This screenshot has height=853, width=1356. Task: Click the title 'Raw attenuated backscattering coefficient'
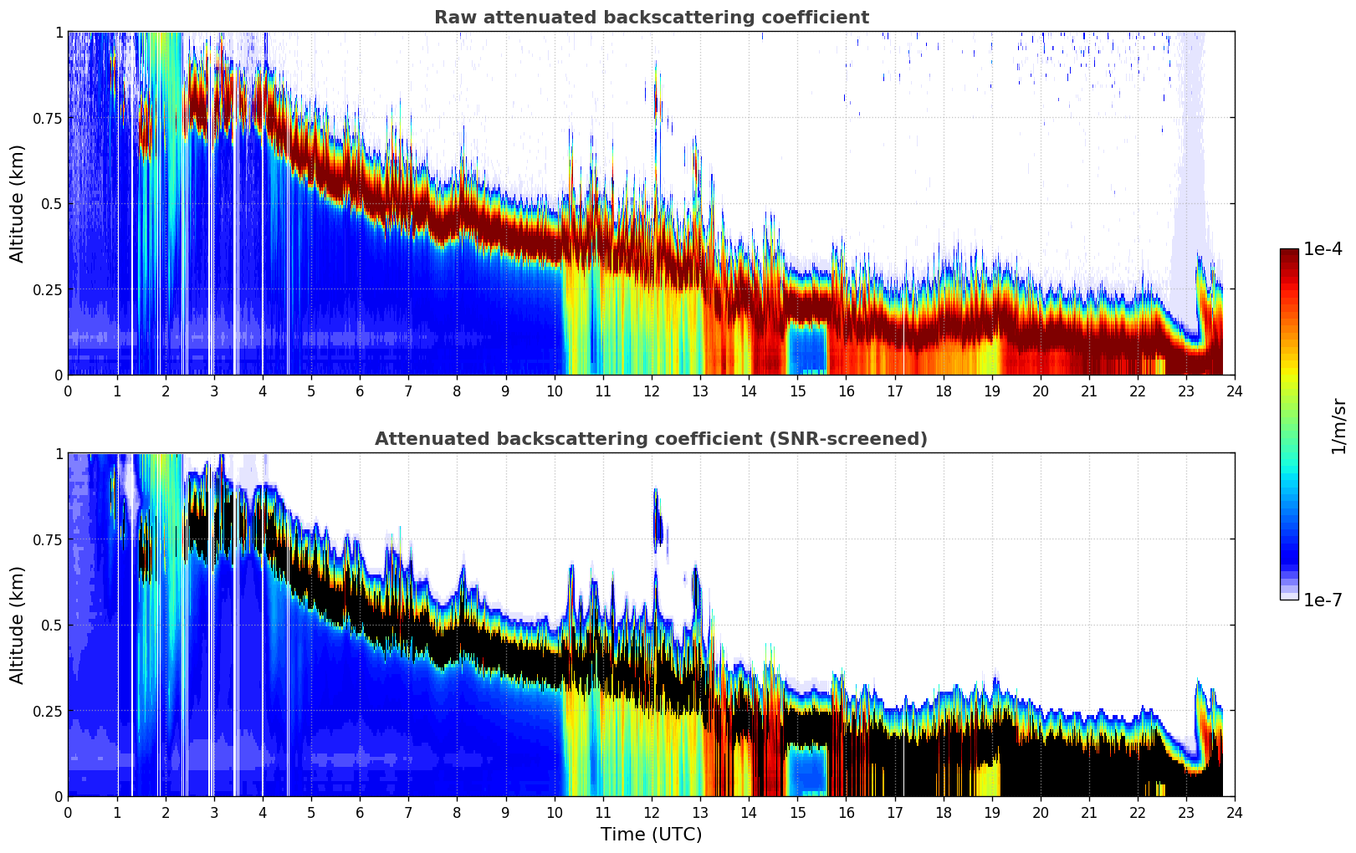coord(651,18)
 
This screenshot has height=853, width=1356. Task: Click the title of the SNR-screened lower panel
coord(651,439)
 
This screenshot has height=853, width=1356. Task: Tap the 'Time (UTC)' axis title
coord(651,835)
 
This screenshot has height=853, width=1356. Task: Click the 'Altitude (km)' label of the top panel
coord(18,203)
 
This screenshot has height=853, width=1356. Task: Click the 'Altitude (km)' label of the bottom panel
coord(18,625)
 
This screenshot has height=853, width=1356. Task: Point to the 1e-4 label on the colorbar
coord(1323,249)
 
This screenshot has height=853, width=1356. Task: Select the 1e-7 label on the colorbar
coord(1323,600)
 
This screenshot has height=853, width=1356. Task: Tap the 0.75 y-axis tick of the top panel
coord(47,118)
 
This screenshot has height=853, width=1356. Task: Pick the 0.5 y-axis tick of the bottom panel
coord(52,625)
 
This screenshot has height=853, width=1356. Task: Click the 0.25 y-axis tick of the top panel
coord(47,289)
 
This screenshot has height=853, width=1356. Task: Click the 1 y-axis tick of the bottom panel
coord(59,453)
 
